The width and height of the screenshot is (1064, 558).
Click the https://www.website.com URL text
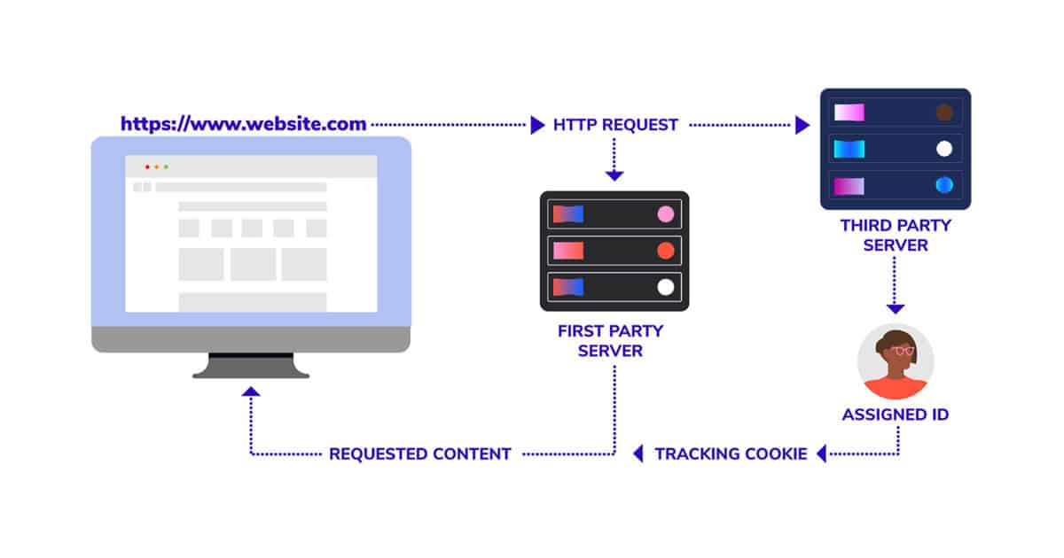(243, 124)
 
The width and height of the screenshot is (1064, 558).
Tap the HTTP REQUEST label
(615, 125)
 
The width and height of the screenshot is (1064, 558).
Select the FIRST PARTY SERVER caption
(610, 341)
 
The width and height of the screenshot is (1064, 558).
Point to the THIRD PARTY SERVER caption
(896, 235)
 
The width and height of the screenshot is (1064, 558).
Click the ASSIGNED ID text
(896, 415)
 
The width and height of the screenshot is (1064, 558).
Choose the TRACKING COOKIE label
(731, 454)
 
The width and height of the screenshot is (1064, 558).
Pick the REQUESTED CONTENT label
(420, 454)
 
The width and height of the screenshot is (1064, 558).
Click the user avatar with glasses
(896, 361)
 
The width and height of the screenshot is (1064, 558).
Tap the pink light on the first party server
(666, 214)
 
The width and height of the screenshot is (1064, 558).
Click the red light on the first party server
(666, 251)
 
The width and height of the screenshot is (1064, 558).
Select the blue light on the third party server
(944, 185)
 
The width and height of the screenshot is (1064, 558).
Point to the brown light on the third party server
(944, 112)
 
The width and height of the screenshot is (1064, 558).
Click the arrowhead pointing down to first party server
(614, 176)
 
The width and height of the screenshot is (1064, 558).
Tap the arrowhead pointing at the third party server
(802, 125)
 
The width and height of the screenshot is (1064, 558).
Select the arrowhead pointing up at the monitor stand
(251, 391)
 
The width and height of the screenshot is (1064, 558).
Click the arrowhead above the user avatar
(896, 309)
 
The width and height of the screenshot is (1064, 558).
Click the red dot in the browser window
(147, 167)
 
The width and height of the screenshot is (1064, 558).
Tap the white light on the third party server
(944, 149)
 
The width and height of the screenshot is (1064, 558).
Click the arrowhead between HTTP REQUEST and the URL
(537, 125)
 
